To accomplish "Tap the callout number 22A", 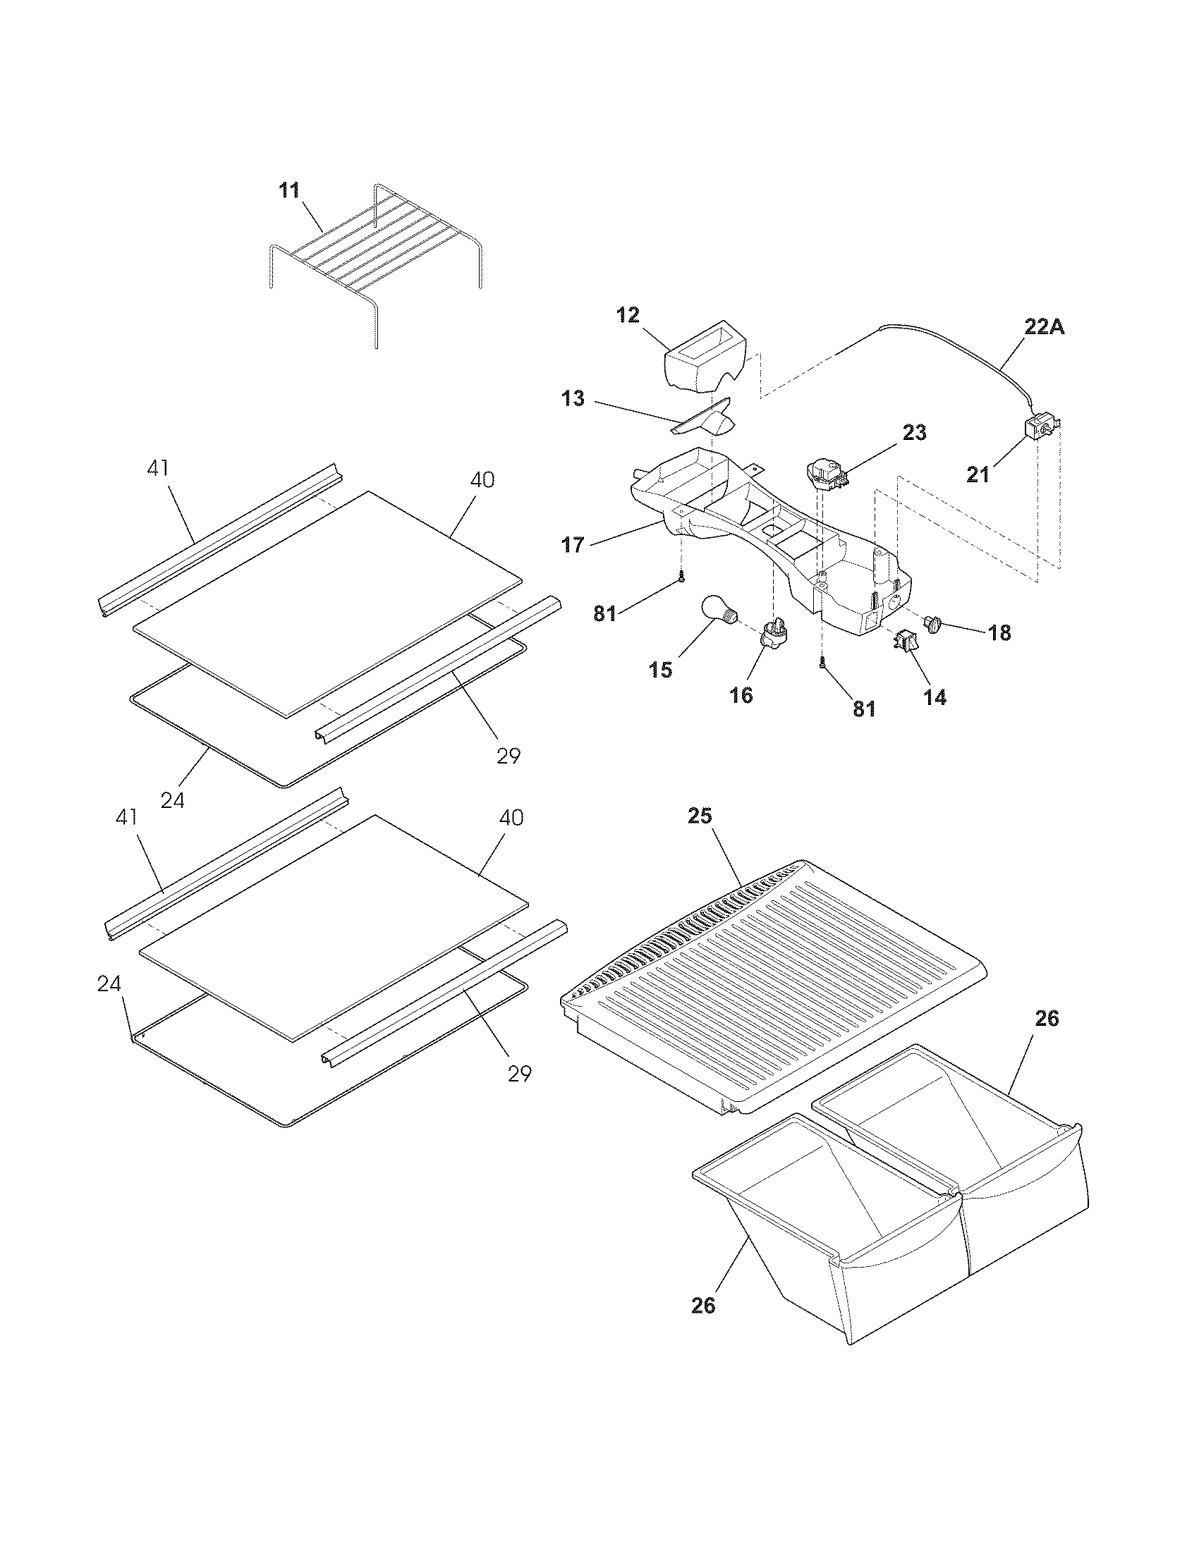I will pyautogui.click(x=1044, y=327).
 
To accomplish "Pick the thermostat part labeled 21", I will pyautogui.click(x=1040, y=428).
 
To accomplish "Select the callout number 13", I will pyautogui.click(x=573, y=399).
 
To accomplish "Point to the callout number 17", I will pyautogui.click(x=573, y=545).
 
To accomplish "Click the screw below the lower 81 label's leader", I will pyautogui.click(x=822, y=664).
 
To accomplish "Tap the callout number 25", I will pyautogui.click(x=700, y=816).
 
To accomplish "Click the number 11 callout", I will pyautogui.click(x=288, y=190).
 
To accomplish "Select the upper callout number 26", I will pyautogui.click(x=1047, y=1019).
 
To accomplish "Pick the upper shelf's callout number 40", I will pyautogui.click(x=482, y=480).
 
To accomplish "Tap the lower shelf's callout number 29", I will pyautogui.click(x=520, y=1074).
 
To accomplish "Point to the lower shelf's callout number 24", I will pyautogui.click(x=109, y=984).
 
